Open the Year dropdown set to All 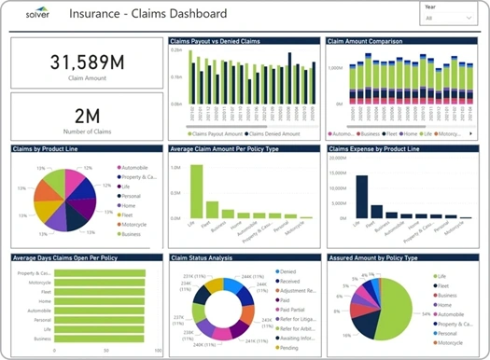coord(448,19)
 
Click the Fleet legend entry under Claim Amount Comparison coord(399,133)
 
